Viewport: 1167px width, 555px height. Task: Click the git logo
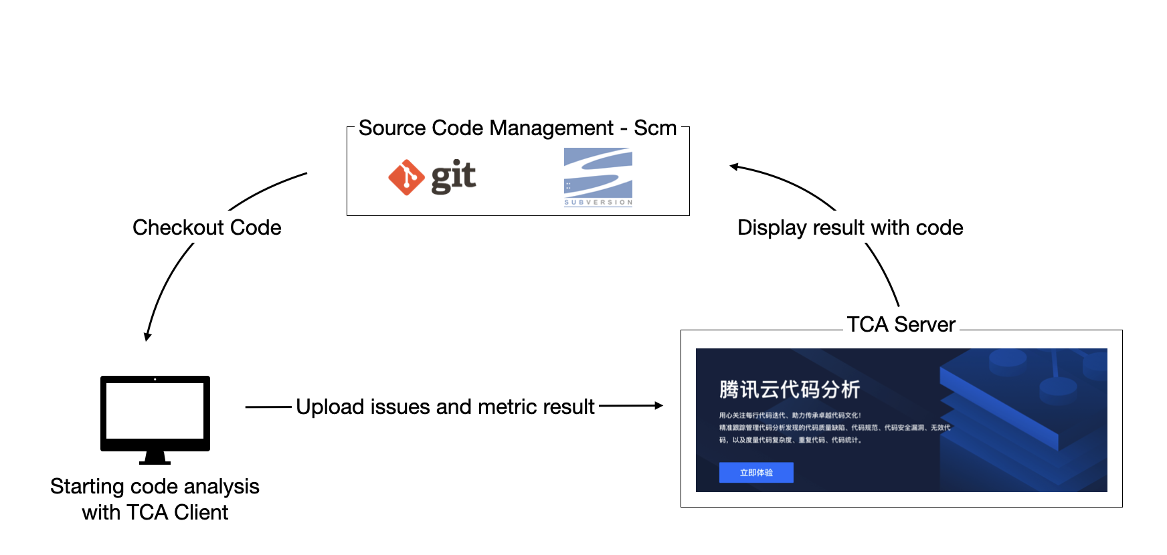[432, 177]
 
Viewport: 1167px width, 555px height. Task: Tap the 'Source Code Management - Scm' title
[517, 128]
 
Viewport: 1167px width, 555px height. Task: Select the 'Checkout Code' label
[207, 227]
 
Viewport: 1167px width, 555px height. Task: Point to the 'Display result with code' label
[850, 227]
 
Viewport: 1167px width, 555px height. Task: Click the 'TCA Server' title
[901, 324]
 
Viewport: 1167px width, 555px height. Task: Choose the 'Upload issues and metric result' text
[445, 407]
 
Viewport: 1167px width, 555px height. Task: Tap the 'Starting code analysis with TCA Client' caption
[155, 499]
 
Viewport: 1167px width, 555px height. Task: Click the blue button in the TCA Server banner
[756, 473]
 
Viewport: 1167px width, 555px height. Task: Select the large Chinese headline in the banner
[790, 389]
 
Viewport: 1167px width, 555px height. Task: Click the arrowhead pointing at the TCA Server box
[659, 405]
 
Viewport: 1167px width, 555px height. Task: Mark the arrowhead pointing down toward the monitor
[147, 336]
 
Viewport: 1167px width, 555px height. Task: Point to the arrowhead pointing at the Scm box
[734, 166]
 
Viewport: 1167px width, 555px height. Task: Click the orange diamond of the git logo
[406, 177]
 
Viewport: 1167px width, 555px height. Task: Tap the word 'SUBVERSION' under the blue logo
[598, 203]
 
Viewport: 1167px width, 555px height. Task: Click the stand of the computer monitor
[155, 458]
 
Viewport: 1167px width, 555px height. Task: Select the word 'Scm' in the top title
[655, 128]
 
